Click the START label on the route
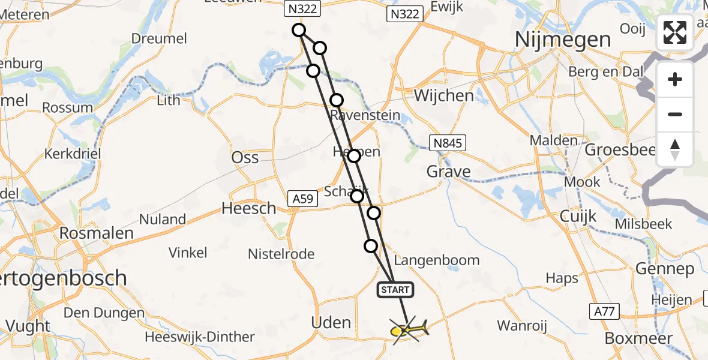point(395,290)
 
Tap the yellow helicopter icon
point(409,329)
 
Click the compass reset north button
point(675,149)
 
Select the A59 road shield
point(301,199)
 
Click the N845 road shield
point(448,142)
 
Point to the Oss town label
point(245,157)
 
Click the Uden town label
point(331,322)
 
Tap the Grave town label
point(448,172)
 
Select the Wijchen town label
point(443,96)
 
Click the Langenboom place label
point(437,260)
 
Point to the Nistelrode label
point(281,254)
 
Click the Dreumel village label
point(159,38)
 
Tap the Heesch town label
point(249,208)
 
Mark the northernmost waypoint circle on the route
point(299,30)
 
